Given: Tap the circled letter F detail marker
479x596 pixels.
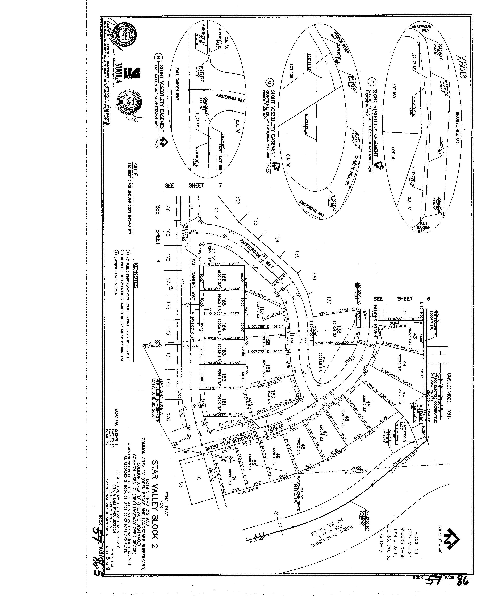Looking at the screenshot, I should pos(372,82).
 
